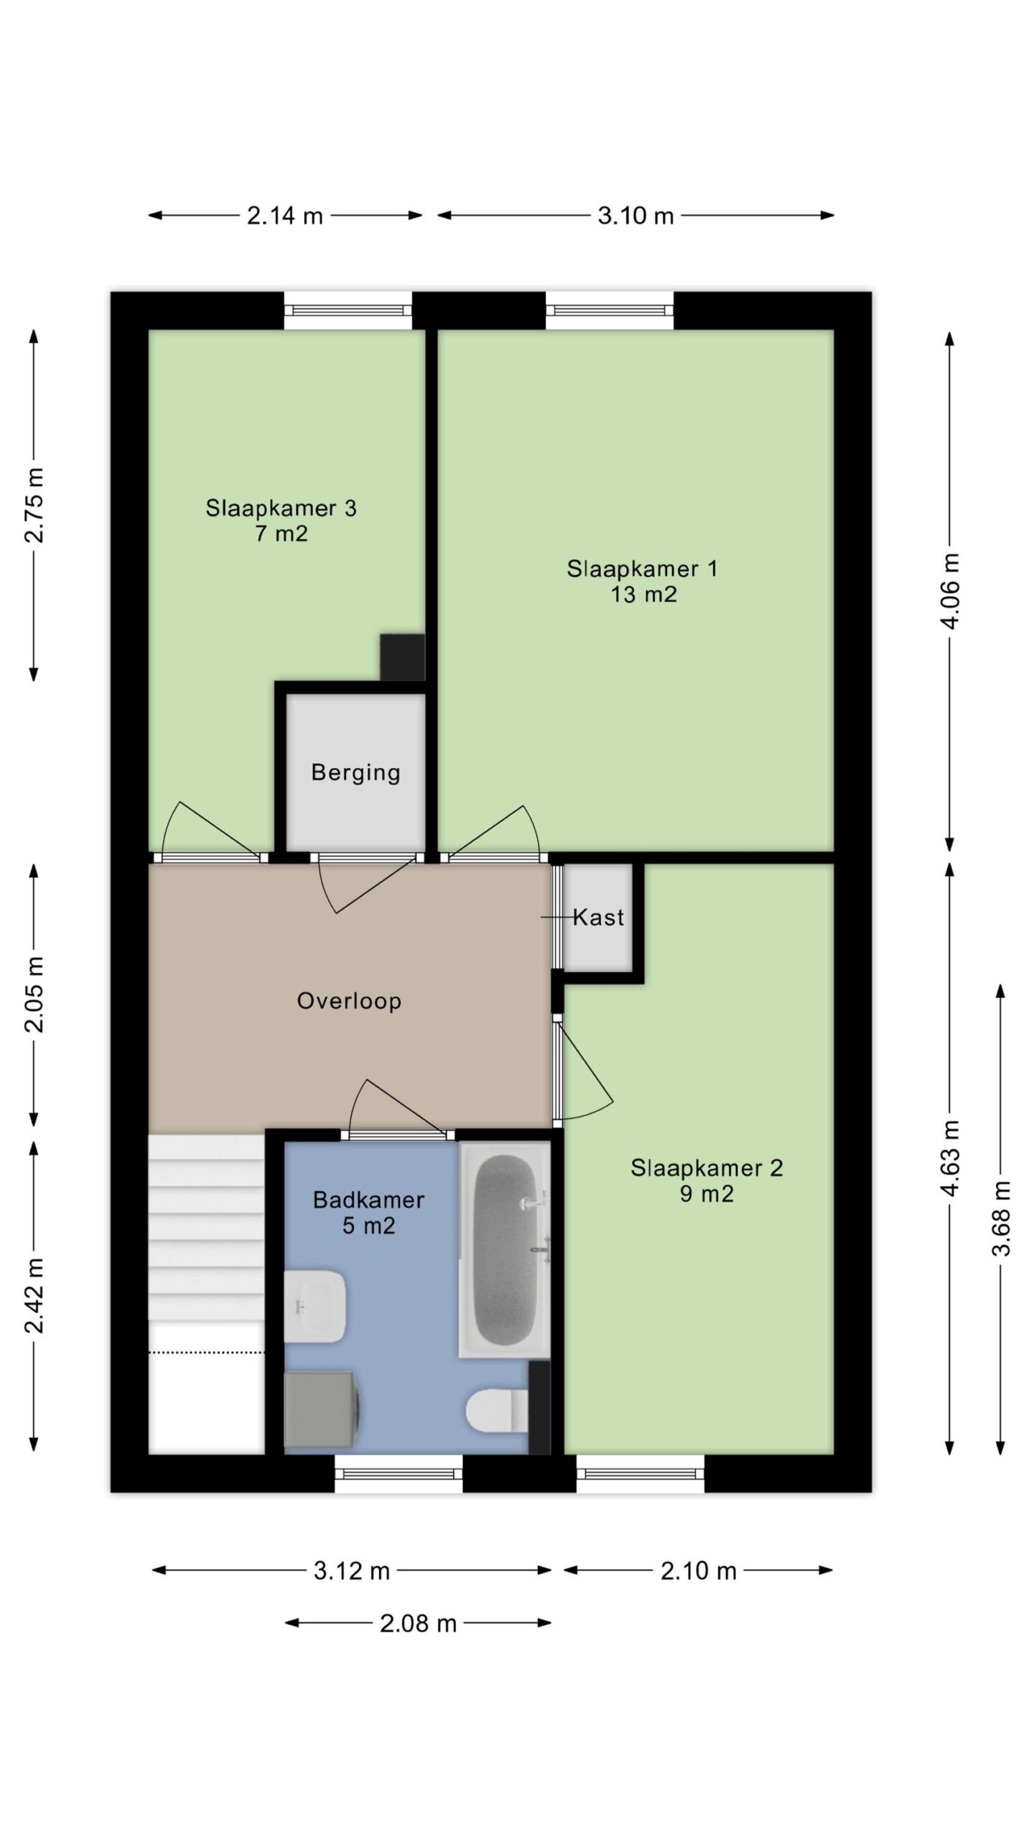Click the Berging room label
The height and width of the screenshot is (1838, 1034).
pyautogui.click(x=355, y=773)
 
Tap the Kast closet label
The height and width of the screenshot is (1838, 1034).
pyautogui.click(x=598, y=918)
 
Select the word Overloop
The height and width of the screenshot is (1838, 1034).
pyautogui.click(x=349, y=1001)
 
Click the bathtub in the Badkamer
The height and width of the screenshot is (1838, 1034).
pyautogui.click(x=505, y=1250)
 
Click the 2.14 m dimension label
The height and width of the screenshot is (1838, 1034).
pyautogui.click(x=285, y=215)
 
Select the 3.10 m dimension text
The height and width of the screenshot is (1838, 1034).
pyautogui.click(x=635, y=215)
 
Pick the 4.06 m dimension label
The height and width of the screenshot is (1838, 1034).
pyautogui.click(x=950, y=591)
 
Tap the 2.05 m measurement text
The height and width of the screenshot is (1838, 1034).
pyautogui.click(x=34, y=994)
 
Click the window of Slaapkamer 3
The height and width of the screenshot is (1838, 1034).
pyautogui.click(x=348, y=310)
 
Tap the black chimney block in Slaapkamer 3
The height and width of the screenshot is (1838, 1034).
pyautogui.click(x=402, y=656)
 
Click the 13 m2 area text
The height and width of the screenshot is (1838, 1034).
pyautogui.click(x=643, y=594)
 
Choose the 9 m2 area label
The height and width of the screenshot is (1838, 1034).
pyautogui.click(x=707, y=1194)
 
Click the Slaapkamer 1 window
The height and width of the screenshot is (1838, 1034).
pyautogui.click(x=610, y=310)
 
